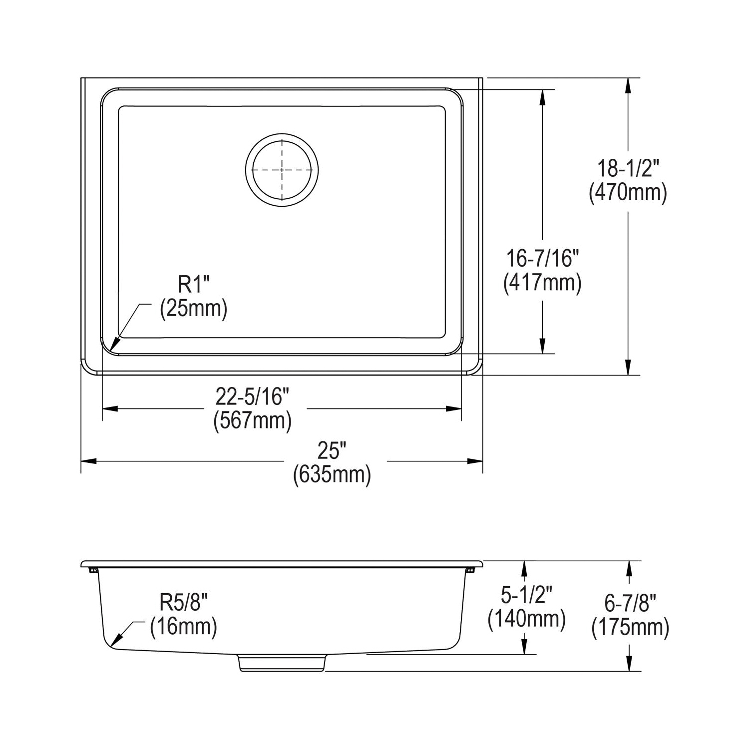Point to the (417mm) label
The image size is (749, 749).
pos(542,283)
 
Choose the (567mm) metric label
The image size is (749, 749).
pos(253,421)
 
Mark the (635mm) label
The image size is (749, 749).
pos(332,475)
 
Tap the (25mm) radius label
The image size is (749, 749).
pos(194,309)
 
